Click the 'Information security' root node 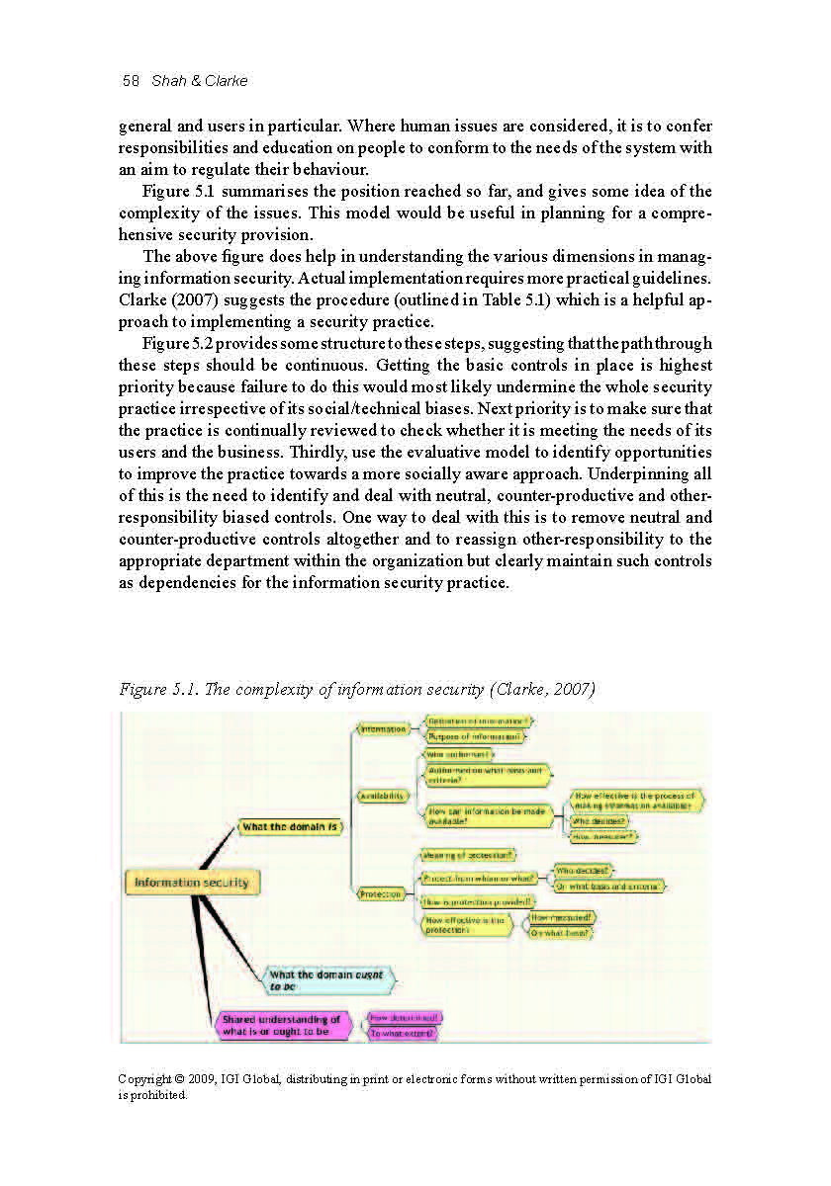[192, 883]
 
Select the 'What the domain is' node [290, 826]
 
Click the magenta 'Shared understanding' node [283, 1026]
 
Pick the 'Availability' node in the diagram [382, 796]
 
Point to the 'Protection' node [381, 894]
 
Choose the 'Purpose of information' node [476, 736]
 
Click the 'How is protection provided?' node [478, 901]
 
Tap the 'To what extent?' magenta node [403, 1034]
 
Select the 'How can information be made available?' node [486, 816]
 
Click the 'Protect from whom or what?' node [479, 878]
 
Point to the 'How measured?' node [563, 917]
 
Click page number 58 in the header [131, 81]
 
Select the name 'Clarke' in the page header [226, 81]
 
